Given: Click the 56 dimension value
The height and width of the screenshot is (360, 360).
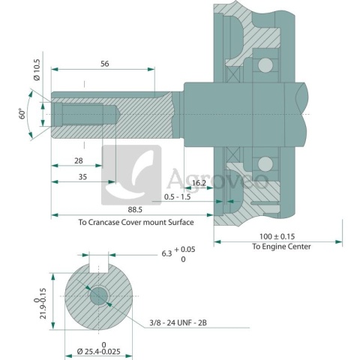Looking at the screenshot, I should pyautogui.click(x=103, y=64).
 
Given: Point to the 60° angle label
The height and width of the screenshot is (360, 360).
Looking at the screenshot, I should pyautogui.click(x=22, y=114).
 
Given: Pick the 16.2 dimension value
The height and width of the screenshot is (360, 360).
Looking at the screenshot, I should pyautogui.click(x=199, y=182).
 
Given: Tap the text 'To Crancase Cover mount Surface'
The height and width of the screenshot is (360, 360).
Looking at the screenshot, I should pyautogui.click(x=136, y=223).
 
